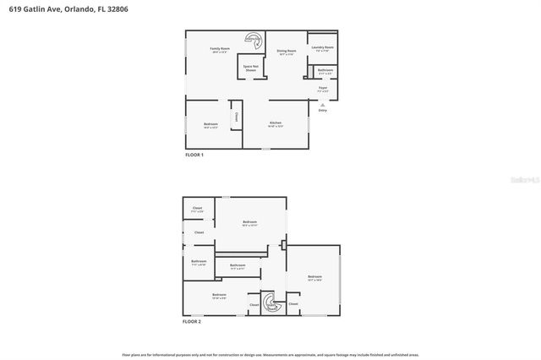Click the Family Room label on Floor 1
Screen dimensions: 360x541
tap(220, 50)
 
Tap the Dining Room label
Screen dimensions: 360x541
tap(286, 52)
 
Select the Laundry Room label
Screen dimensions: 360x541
tap(322, 48)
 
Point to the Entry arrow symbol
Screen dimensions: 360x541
tap(322, 105)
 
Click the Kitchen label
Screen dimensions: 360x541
tap(276, 124)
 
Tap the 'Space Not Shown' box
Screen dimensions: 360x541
tap(250, 68)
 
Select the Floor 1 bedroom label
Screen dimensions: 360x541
tap(210, 126)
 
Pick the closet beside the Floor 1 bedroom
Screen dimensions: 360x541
tap(236, 116)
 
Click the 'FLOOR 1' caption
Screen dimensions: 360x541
tap(194, 155)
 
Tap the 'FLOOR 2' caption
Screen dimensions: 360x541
tap(194, 322)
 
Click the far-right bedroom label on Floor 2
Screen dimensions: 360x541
tap(314, 278)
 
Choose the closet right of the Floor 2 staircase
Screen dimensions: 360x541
tap(293, 303)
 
